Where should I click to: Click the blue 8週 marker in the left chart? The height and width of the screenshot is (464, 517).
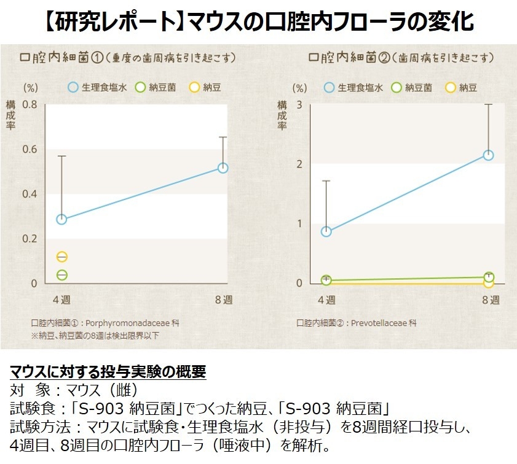[223, 168]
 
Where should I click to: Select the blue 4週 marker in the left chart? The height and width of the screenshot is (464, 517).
[61, 219]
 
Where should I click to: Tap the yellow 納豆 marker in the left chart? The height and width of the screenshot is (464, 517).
[61, 257]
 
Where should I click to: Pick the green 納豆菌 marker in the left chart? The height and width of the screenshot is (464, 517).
[61, 274]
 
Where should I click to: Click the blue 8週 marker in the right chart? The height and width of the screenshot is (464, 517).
[488, 155]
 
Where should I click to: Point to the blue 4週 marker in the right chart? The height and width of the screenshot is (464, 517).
[326, 231]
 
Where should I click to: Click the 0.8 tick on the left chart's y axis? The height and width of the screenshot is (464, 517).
[30, 104]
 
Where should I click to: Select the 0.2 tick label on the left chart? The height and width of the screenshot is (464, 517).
[30, 239]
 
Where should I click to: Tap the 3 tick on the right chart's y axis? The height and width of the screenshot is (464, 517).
[299, 104]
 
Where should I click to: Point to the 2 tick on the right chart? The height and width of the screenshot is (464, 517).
[299, 164]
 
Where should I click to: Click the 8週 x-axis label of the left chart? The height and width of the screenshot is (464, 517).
[223, 300]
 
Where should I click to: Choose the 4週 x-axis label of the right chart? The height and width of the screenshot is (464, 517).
[326, 300]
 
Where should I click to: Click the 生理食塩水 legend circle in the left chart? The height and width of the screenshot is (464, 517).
[73, 87]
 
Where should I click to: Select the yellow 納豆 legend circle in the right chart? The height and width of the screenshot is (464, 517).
[451, 87]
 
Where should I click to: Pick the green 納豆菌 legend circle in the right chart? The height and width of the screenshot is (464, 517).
[397, 87]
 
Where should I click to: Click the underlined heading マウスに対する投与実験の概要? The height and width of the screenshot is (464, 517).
[108, 372]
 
